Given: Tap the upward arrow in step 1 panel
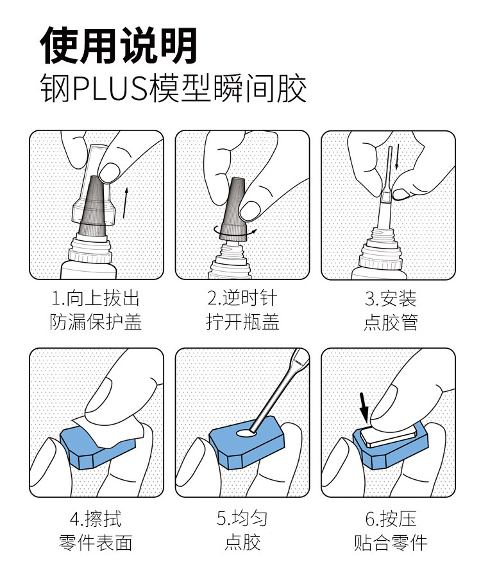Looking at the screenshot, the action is coord(125,203).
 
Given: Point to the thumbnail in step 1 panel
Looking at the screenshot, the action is coord(110,172).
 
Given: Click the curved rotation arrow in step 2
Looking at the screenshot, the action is coord(235,230).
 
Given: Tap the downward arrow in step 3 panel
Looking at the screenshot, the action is coord(397,157).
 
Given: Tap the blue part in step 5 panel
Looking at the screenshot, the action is coord(246,443).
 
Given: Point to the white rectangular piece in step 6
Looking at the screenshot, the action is coord(389,435).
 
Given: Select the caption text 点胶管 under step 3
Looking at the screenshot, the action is coord(391,322).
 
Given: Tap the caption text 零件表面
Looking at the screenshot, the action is coord(96,542).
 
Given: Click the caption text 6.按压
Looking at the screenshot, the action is coord(391,518).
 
